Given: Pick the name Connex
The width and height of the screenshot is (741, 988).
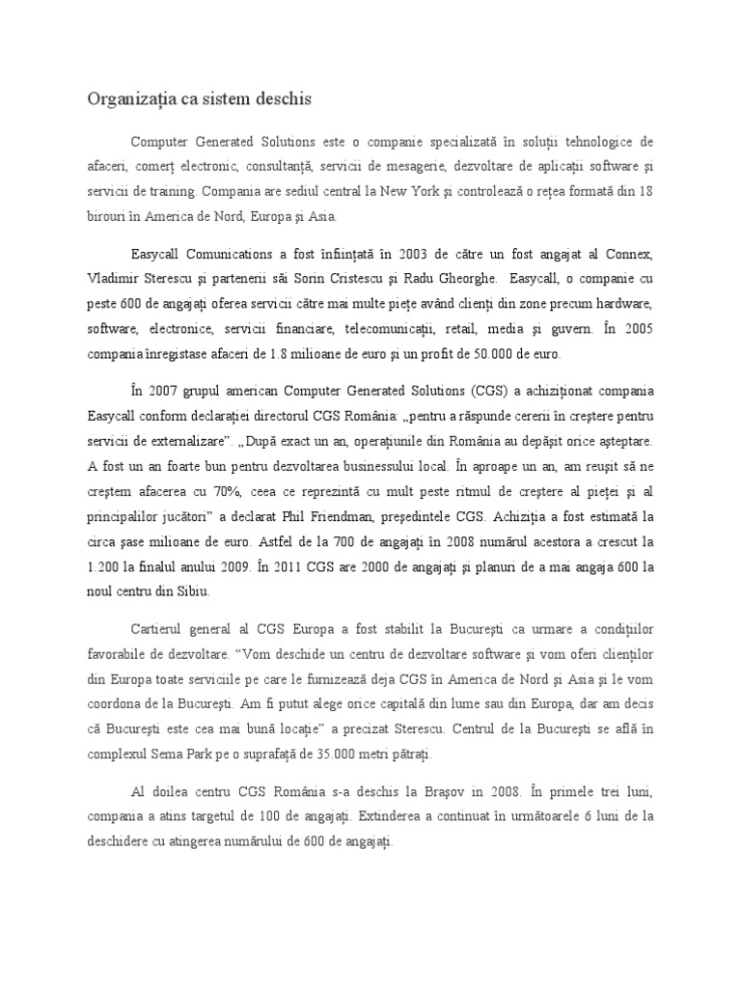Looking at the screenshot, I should click(x=630, y=254).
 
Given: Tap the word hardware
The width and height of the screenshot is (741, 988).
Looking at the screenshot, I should click(x=621, y=304).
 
